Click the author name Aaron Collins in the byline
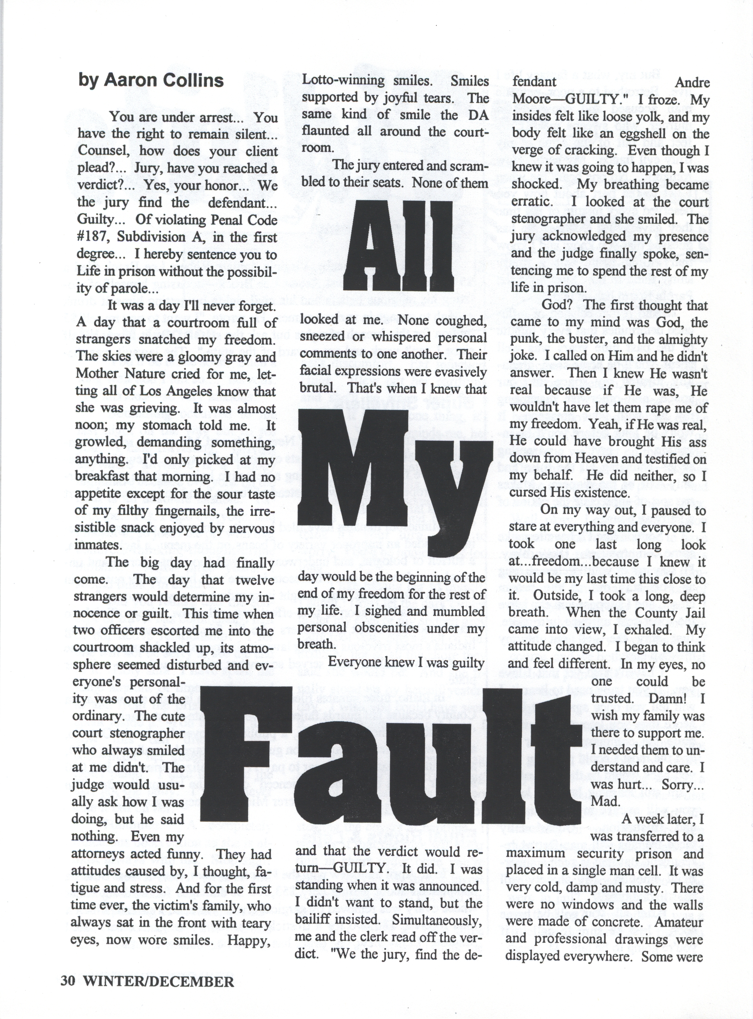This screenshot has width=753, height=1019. coord(164,80)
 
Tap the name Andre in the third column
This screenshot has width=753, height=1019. coord(692,82)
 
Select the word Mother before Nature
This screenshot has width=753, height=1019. coord(97,374)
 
